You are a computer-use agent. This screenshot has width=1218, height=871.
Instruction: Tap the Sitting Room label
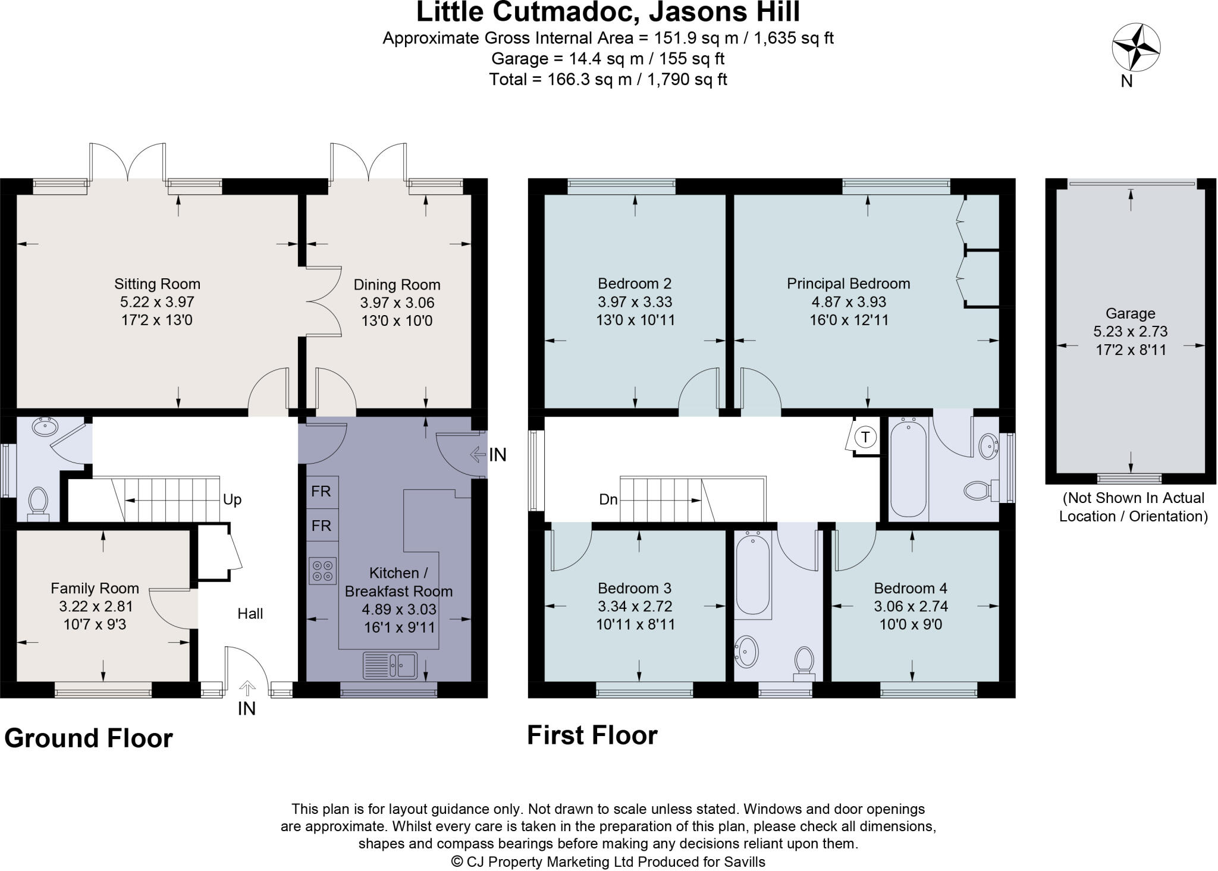(x=157, y=284)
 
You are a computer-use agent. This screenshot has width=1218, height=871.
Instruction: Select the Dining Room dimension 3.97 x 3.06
(x=397, y=303)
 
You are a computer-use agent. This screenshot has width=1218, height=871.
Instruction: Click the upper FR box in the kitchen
(x=321, y=492)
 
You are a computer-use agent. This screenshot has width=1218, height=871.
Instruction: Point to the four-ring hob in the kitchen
(x=322, y=570)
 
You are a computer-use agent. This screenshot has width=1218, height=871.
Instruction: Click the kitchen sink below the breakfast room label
(x=390, y=664)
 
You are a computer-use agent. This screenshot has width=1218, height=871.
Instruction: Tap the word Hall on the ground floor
(x=250, y=614)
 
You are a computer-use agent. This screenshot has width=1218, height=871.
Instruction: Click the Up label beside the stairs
(x=232, y=499)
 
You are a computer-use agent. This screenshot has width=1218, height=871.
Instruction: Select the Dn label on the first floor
(x=608, y=500)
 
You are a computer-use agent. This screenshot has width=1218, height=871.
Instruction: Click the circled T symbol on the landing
(x=865, y=438)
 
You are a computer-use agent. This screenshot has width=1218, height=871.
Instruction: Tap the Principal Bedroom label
(x=848, y=284)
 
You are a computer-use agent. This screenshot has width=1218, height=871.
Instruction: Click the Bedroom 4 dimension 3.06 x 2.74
(x=911, y=606)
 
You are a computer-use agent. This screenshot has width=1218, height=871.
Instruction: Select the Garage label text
(x=1130, y=313)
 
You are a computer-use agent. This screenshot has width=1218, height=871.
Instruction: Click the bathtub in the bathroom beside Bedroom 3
(x=752, y=574)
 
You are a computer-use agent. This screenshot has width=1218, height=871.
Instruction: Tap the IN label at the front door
(x=246, y=709)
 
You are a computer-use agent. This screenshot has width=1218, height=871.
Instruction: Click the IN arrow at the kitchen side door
(x=478, y=455)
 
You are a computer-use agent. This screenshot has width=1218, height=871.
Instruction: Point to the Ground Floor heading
(x=89, y=738)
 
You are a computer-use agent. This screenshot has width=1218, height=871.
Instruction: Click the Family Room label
(x=95, y=588)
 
